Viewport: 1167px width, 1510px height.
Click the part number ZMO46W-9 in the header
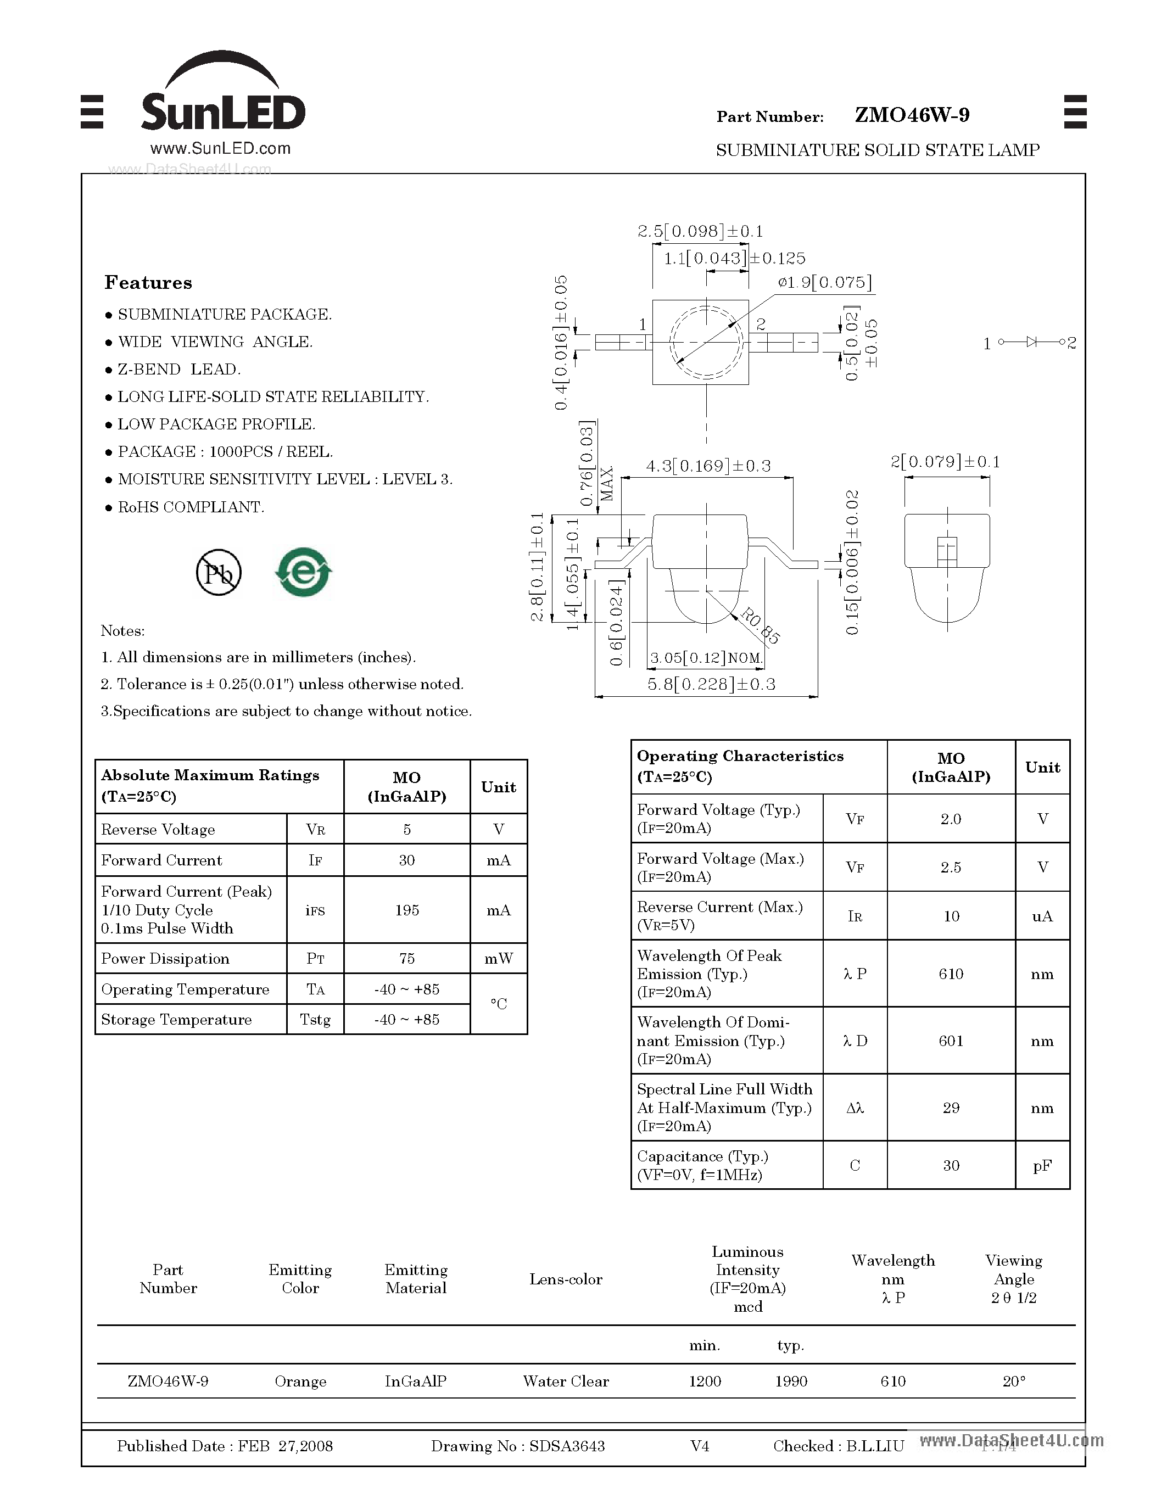coord(911,115)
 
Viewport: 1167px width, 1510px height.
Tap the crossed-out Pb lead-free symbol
coord(219,573)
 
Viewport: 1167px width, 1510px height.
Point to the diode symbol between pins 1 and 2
coord(1031,342)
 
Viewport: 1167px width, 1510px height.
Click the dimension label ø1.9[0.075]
coord(824,283)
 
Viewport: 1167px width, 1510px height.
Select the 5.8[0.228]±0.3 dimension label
coord(711,685)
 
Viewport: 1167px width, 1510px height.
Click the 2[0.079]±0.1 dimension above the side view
coord(945,462)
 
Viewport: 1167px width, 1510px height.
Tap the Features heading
coord(148,283)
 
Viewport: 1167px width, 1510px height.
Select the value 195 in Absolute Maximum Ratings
coord(406,910)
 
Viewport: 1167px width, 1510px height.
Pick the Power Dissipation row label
coord(165,959)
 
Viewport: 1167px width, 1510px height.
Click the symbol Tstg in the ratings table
coord(315,1020)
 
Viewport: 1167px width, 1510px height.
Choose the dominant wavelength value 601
coord(951,1041)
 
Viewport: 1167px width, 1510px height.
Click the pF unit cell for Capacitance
coord(1042,1166)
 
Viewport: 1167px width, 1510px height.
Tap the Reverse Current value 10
coord(951,916)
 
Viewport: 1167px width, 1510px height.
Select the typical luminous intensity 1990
coord(791,1382)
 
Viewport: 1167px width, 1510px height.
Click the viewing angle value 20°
coord(1014,1382)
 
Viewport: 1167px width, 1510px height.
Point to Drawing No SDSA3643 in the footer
coord(517,1446)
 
